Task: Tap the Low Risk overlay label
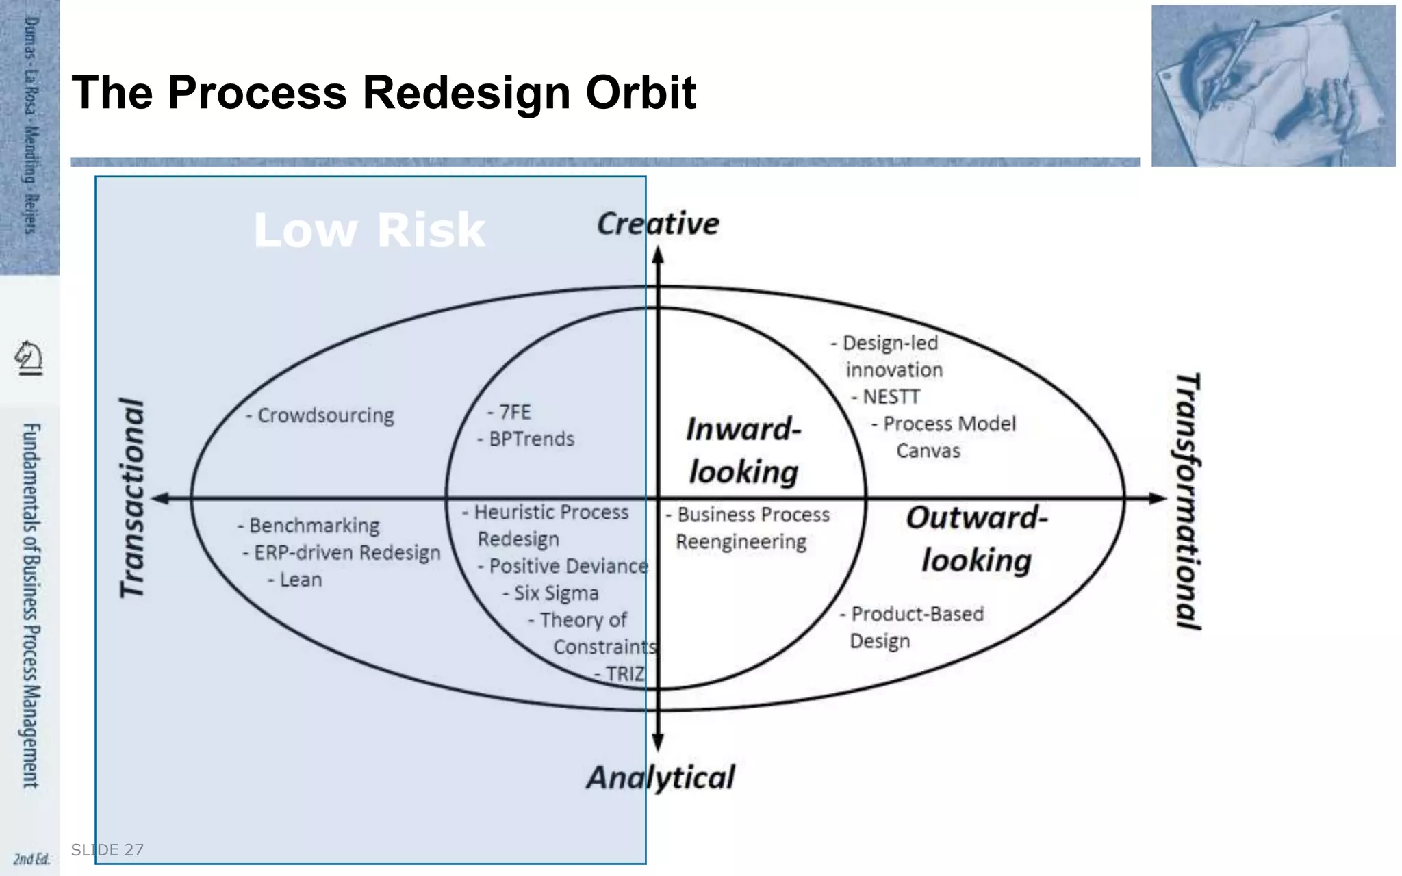click(369, 230)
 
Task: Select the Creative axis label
click(658, 224)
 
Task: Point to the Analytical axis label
click(661, 777)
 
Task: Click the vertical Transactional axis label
click(133, 498)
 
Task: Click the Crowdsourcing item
click(320, 415)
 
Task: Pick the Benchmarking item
click(309, 526)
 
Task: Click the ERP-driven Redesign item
click(342, 552)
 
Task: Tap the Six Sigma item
click(551, 593)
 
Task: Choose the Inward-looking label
click(743, 450)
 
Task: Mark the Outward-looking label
click(977, 539)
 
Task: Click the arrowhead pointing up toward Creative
click(658, 256)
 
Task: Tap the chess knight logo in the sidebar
click(29, 357)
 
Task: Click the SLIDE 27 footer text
click(107, 850)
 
